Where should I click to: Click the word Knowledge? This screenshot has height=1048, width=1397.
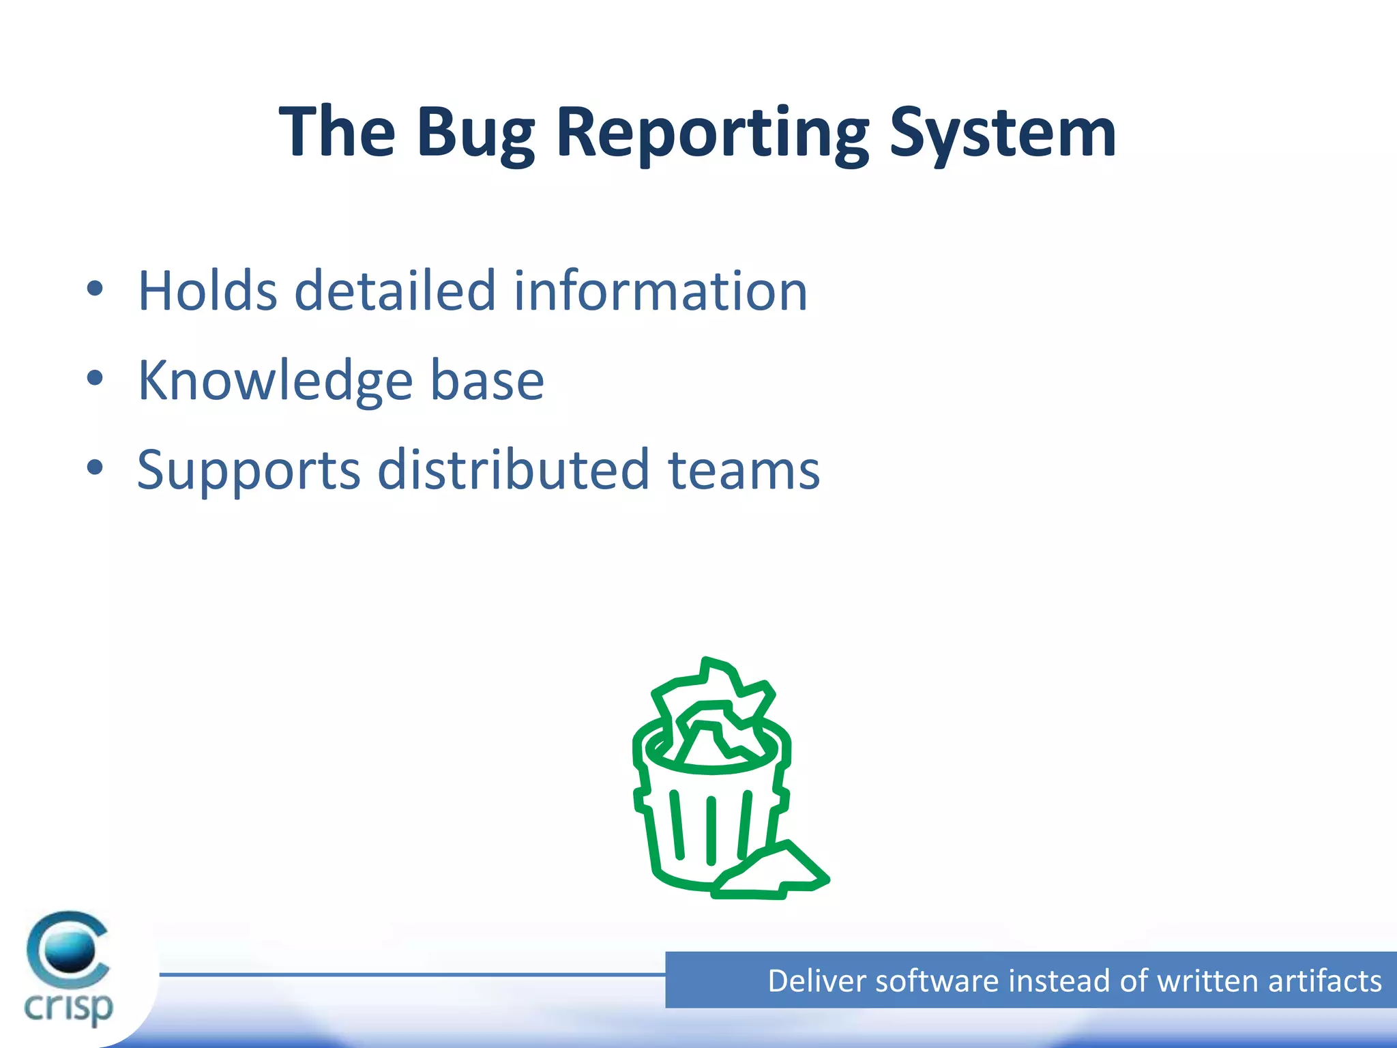[x=275, y=381]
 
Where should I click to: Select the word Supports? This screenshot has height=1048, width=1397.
[x=248, y=471]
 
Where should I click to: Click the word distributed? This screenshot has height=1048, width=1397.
[x=513, y=471]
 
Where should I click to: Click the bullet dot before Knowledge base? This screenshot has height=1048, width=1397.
[x=95, y=378]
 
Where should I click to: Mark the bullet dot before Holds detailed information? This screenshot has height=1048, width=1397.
[x=95, y=289]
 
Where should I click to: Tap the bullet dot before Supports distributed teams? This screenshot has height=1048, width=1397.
[x=95, y=467]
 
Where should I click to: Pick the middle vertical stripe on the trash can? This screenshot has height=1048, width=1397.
[x=711, y=830]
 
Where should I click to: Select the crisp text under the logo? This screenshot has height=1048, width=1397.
[x=68, y=1006]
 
